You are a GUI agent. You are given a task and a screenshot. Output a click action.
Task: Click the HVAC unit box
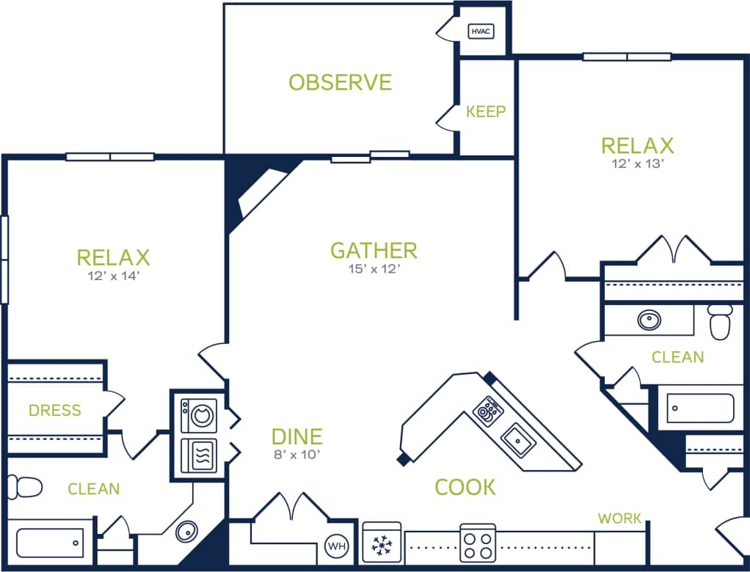coord(481,32)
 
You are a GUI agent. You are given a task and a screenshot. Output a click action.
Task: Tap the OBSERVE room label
coord(340,82)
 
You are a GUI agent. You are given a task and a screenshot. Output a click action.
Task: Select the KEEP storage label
coord(486,111)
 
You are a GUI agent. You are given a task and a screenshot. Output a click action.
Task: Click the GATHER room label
coord(374,251)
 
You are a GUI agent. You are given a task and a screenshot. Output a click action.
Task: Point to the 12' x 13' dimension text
coord(637,164)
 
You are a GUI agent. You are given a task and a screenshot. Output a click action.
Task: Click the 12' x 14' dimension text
coord(113,276)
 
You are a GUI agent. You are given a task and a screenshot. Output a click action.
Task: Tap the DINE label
coord(296,437)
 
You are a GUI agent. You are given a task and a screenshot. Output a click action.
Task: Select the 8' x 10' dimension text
coord(296,454)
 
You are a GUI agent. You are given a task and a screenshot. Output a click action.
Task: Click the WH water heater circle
coord(337,546)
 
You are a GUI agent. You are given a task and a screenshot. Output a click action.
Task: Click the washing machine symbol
coord(199,415)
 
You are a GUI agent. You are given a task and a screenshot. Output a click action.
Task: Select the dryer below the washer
coord(199,455)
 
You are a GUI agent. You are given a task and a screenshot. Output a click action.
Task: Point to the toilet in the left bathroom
coord(24,487)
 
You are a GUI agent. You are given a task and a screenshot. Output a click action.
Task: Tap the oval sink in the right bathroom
coord(649,320)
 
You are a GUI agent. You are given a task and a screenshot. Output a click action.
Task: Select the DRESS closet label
coord(55,410)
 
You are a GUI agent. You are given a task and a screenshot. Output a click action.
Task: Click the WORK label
coord(619,518)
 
